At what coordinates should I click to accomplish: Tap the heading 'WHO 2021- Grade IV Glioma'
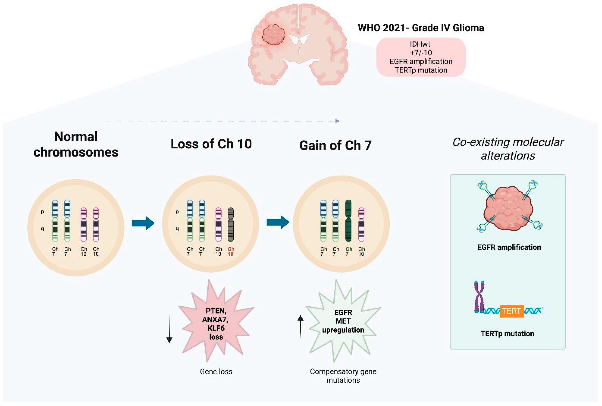tap(421, 28)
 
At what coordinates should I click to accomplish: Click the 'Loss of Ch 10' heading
tap(211, 144)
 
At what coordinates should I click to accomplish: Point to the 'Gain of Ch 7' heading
tap(335, 145)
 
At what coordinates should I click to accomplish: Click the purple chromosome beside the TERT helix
tap(479, 297)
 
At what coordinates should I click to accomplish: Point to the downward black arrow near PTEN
tap(169, 329)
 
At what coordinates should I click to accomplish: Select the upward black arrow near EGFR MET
tap(300, 327)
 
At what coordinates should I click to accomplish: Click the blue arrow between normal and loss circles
tap(143, 223)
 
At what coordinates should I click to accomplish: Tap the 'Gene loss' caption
tap(216, 371)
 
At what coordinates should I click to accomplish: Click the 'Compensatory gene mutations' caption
tap(343, 376)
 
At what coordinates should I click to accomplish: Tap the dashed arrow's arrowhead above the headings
tap(337, 121)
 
